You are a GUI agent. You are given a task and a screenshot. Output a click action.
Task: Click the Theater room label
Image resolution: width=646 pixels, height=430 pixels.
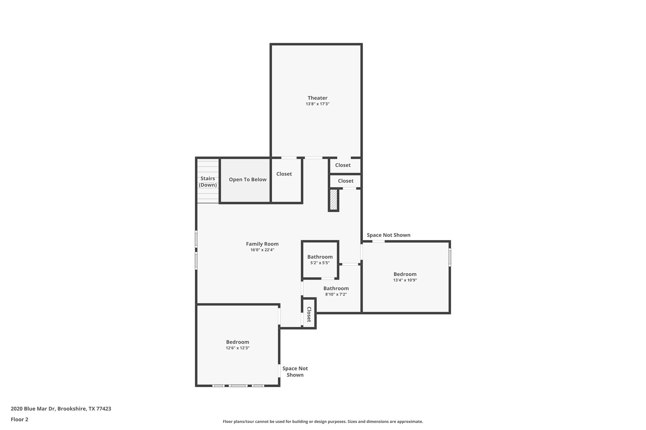click(317, 98)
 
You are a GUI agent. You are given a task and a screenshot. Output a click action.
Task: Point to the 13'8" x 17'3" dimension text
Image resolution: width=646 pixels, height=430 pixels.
click(317, 104)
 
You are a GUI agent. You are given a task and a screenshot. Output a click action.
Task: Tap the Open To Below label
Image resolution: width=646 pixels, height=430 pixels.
click(248, 180)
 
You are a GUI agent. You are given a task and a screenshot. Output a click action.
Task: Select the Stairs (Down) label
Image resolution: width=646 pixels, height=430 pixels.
click(208, 182)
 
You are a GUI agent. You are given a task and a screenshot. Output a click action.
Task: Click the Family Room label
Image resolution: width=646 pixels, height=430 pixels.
click(262, 244)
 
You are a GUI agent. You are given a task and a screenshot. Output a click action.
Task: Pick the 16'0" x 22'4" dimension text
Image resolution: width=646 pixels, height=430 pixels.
click(262, 250)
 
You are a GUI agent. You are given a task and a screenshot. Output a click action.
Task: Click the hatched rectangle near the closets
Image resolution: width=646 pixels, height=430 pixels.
click(333, 200)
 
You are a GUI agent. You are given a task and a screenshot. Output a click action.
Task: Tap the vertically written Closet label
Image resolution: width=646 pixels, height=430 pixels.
click(309, 314)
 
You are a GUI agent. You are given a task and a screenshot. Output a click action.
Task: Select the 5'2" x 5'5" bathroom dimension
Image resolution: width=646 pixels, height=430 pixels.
click(320, 263)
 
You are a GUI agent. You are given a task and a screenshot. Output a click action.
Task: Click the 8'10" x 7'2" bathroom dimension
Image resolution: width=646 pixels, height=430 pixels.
click(336, 295)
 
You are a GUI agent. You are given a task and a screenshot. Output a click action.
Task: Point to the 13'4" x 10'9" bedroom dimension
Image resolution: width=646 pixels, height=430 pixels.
click(405, 280)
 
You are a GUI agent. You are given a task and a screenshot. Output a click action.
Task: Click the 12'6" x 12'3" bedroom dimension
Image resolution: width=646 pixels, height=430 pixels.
click(238, 348)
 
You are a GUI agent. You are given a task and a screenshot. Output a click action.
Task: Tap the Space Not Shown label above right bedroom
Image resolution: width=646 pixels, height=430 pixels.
click(388, 235)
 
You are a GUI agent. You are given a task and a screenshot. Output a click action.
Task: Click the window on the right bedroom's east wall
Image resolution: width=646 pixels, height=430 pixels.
click(449, 257)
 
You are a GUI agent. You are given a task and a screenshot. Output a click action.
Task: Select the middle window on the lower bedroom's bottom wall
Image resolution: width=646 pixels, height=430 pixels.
click(238, 386)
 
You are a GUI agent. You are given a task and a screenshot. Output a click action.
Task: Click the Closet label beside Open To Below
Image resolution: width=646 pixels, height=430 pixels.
click(284, 174)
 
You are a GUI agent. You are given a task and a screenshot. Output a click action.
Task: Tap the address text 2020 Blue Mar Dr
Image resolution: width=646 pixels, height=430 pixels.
click(61, 409)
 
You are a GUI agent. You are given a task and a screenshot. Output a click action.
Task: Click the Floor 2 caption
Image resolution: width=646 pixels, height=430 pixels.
click(20, 419)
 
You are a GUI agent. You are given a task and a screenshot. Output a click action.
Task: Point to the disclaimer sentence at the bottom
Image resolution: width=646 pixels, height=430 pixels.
click(323, 421)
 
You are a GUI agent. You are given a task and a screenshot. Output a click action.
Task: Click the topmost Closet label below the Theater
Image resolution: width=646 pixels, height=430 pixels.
click(343, 165)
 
